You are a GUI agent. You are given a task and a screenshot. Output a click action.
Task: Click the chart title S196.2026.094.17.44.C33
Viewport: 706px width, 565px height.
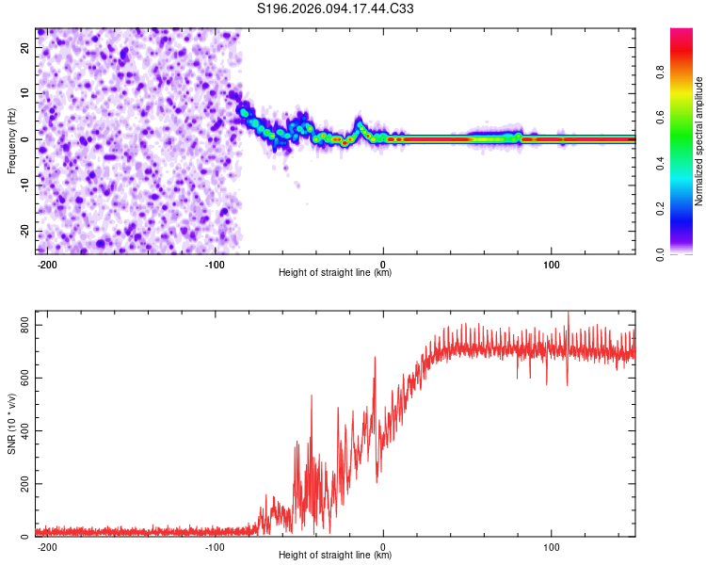coord(336,9)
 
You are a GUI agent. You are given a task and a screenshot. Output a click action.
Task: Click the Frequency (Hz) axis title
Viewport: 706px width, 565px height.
coord(11,140)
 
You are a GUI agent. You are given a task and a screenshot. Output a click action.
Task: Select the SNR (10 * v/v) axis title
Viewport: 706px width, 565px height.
coord(11,424)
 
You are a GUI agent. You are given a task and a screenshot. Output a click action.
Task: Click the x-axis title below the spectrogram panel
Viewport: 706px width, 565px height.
coord(335,273)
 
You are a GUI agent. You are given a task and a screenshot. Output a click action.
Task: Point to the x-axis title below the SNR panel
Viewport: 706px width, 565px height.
coord(335,556)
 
